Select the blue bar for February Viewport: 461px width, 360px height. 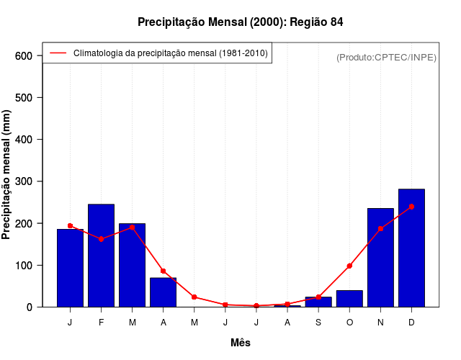[101, 256]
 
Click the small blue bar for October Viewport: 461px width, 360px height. [349, 299]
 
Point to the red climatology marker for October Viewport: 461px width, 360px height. [349, 266]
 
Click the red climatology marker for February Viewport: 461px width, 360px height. [101, 239]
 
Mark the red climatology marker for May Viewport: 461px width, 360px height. [194, 297]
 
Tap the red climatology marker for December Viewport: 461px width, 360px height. [411, 207]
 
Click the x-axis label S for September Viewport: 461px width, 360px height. [318, 323]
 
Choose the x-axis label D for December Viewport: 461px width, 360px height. [411, 323]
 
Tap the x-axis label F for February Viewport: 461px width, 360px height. [101, 323]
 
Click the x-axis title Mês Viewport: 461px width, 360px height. [241, 343]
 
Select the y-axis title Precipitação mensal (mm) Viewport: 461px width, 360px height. [7, 175]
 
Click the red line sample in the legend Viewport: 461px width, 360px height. [58, 53]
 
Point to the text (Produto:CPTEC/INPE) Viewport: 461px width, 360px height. [386, 58]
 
